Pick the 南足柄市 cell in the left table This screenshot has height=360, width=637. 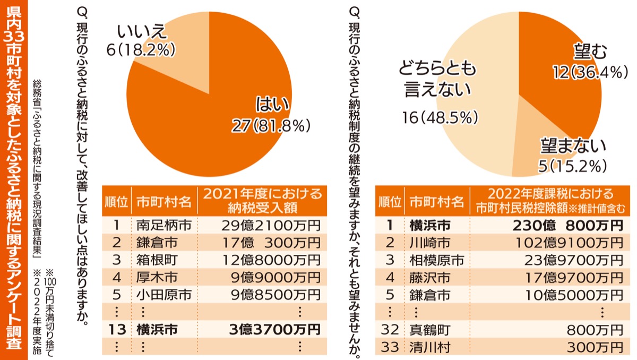[x=163, y=225]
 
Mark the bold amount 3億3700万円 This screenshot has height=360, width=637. [x=276, y=329]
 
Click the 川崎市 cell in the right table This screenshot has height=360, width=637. [x=430, y=243]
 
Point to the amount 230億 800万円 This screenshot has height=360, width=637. [x=567, y=225]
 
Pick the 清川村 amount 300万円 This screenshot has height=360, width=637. [x=600, y=347]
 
